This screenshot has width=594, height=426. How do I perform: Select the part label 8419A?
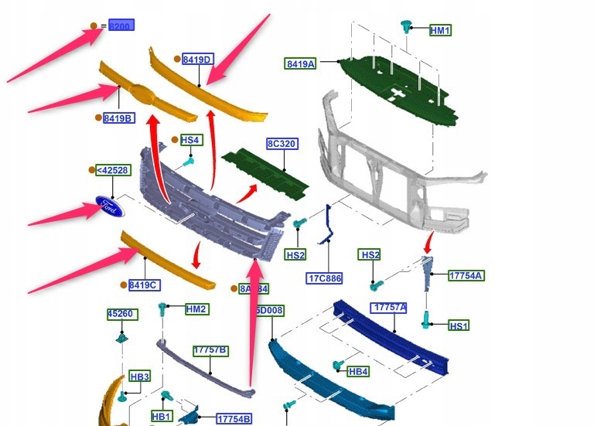pos(301,63)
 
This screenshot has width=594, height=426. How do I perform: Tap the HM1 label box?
pos(440,30)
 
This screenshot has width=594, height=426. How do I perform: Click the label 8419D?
pos(197,59)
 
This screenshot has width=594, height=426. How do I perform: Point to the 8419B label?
pos(119,118)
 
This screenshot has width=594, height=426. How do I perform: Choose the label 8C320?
pos(283,144)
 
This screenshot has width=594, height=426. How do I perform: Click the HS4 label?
pos(191,140)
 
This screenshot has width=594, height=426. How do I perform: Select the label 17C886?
pos(325,278)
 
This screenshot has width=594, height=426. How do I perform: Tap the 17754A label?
pos(466,275)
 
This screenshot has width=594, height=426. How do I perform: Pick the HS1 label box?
pos(459,326)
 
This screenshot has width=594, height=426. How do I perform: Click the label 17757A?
pos(389,308)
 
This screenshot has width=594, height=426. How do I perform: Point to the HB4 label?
pos(358,372)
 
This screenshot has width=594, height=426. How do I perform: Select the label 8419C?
pos(145,285)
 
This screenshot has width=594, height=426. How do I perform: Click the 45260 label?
pos(121,314)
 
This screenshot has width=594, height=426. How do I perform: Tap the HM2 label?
pos(196,309)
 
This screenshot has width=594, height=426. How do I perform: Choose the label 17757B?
pos(210,350)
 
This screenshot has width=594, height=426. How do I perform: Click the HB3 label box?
pos(139,377)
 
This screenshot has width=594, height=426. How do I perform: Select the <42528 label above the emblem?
pos(112,170)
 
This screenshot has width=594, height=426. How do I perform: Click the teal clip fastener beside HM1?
pos(406,27)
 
